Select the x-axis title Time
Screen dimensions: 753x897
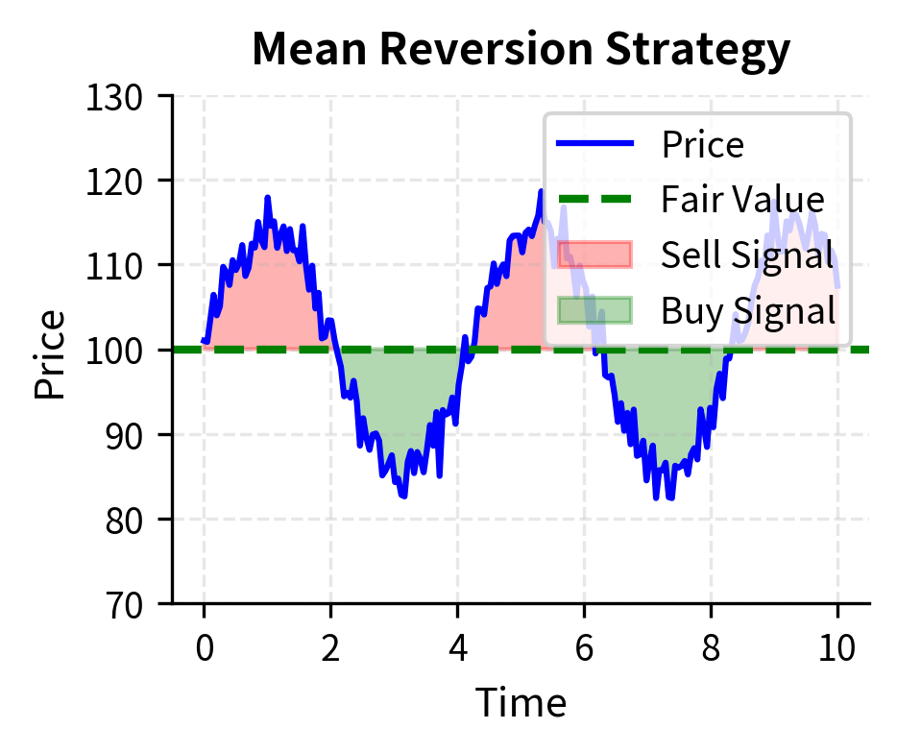(x=521, y=703)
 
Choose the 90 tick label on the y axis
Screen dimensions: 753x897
(x=129, y=435)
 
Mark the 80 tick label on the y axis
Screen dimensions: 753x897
(x=129, y=520)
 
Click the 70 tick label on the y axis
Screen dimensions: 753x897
(x=129, y=604)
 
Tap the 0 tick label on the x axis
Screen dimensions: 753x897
(x=204, y=648)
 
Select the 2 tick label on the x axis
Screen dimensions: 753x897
(x=330, y=648)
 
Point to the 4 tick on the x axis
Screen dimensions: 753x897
(x=457, y=648)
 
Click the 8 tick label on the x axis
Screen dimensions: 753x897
(x=711, y=648)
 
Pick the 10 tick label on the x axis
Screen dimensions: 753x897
(x=837, y=648)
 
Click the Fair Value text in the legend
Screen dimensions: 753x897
(x=742, y=200)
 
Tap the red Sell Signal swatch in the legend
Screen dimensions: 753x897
(x=594, y=255)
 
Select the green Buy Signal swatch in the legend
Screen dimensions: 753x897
(x=594, y=310)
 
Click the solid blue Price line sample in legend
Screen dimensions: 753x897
(x=594, y=144)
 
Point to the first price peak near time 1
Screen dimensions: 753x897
(x=268, y=198)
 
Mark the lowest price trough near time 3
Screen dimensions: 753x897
(x=403, y=496)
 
